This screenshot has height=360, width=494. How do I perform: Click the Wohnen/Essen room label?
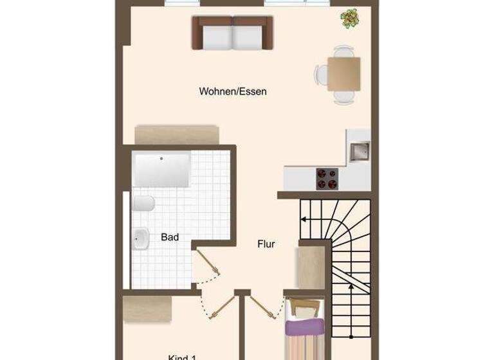tap(232, 91)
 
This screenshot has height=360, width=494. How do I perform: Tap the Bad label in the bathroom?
tap(170, 237)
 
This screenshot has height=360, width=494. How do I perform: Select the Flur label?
tap(266, 244)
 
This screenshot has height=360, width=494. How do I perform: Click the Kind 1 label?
tap(181, 357)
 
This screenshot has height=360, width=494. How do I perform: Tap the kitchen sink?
tap(358, 151)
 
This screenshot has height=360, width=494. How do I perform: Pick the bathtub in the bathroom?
tap(161, 168)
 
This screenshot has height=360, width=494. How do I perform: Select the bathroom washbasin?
tap(141, 239)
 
